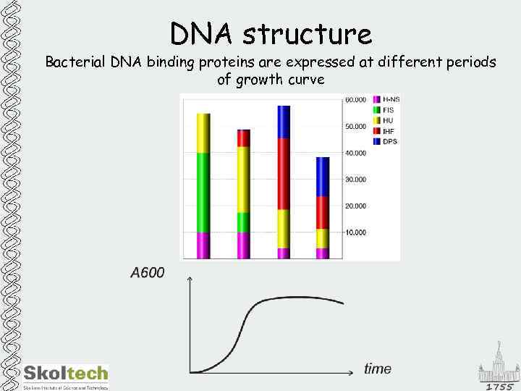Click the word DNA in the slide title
pyautogui.click(x=202, y=34)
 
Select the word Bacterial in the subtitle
pyautogui.click(x=76, y=63)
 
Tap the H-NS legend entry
pyautogui.click(x=389, y=98)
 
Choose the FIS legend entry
pyautogui.click(x=387, y=109)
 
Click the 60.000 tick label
pyautogui.click(x=355, y=100)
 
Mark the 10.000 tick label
pyautogui.click(x=355, y=232)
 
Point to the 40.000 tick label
pyautogui.click(x=355, y=153)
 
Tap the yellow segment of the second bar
pyautogui.click(x=243, y=179)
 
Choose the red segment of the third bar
pyautogui.click(x=283, y=174)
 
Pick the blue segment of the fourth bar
pyautogui.click(x=323, y=177)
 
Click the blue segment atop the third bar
pyautogui.click(x=283, y=122)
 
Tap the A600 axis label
pyautogui.click(x=147, y=273)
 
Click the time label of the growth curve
pyautogui.click(x=378, y=369)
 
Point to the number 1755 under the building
pyautogui.click(x=499, y=386)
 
